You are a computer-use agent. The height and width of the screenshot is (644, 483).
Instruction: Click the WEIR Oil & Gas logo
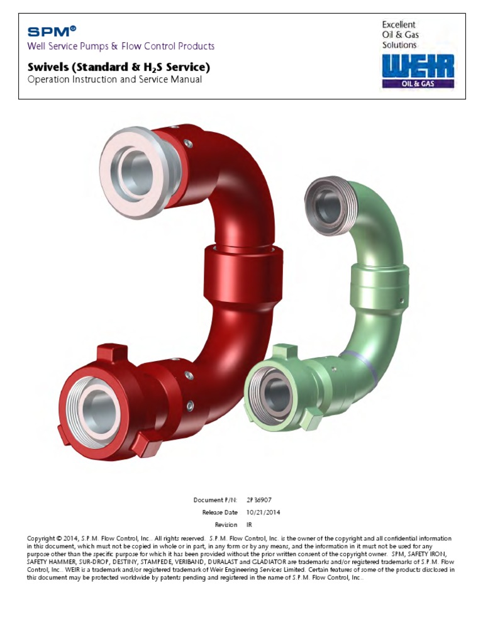(418, 70)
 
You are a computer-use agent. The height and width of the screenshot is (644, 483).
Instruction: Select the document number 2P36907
(260, 499)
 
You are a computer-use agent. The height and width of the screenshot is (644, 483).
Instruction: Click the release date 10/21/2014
(264, 512)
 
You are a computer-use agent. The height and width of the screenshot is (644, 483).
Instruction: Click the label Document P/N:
(215, 499)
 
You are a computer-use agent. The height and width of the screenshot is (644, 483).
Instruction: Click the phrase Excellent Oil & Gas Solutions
(400, 35)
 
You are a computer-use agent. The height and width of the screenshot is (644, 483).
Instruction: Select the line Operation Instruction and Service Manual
(114, 80)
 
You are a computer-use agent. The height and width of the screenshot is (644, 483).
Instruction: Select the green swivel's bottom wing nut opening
(275, 394)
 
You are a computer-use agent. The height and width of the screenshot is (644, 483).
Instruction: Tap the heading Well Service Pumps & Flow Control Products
(121, 47)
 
